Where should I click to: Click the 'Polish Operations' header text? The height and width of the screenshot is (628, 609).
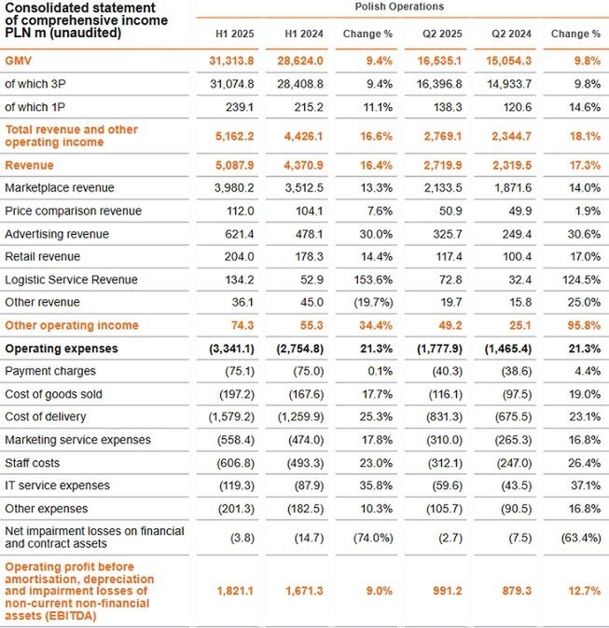[x=400, y=7]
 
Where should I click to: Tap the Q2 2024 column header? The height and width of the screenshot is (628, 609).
[x=512, y=34]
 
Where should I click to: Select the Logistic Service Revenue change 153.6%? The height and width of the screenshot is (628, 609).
[x=368, y=280]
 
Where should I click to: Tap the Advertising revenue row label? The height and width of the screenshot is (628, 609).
[x=57, y=234]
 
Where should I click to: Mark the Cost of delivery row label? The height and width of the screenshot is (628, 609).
[x=46, y=416]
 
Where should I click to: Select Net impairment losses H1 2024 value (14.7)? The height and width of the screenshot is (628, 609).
[x=299, y=537]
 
